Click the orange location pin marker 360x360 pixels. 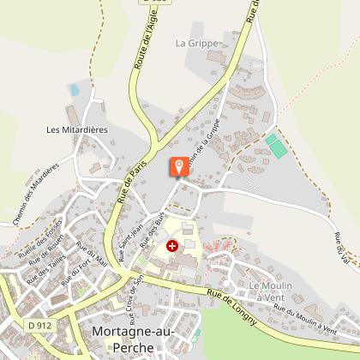(x=179, y=165)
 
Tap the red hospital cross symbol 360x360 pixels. (x=172, y=246)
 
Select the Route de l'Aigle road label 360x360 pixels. (x=142, y=43)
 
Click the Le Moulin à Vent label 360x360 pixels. (x=271, y=290)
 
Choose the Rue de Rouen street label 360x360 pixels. (x=46, y=250)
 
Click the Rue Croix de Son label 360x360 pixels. (x=129, y=292)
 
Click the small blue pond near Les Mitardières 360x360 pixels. (x=75, y=88)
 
